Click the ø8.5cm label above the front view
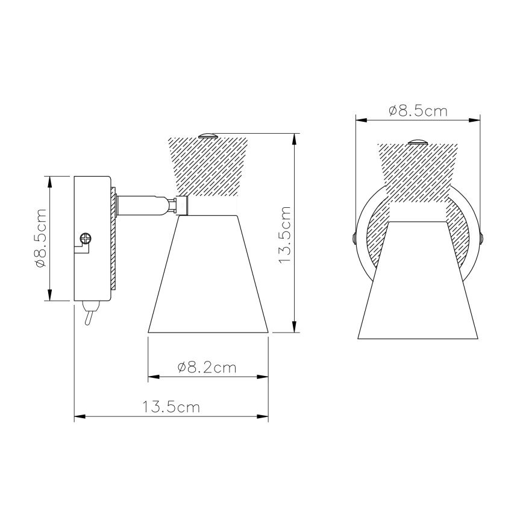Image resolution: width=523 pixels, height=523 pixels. click(418, 111)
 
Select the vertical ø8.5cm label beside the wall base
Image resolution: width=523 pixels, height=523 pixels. click(41, 238)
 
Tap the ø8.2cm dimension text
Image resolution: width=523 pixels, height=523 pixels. click(207, 368)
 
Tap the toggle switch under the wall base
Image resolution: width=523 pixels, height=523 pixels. click(88, 314)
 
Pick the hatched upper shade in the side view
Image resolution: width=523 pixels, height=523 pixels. click(208, 166)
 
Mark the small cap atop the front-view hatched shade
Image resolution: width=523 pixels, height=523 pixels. click(417, 142)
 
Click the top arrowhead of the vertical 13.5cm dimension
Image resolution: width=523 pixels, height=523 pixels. click(294, 137)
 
